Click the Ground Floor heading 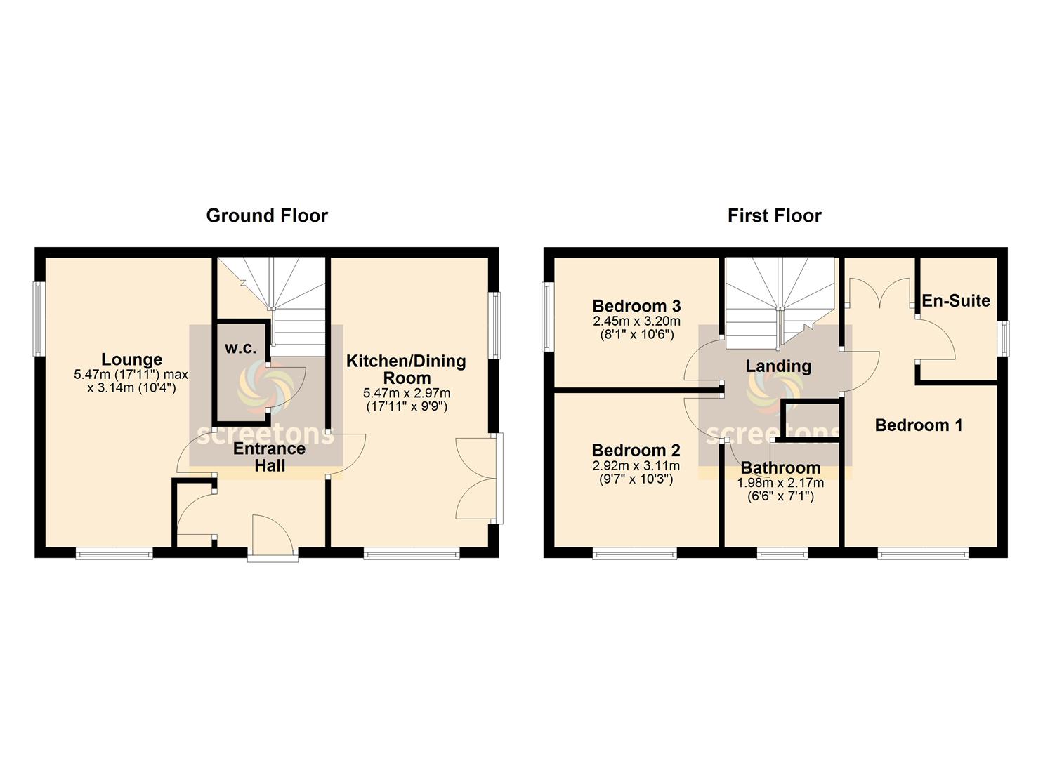[267, 216]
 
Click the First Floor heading [774, 216]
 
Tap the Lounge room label [132, 359]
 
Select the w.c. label [240, 348]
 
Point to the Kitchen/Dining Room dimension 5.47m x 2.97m [407, 393]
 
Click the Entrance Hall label [270, 457]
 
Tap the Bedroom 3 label [636, 306]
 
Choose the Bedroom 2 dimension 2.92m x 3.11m [636, 465]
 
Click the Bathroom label [780, 467]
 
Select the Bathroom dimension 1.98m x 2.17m [780, 483]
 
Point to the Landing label [778, 366]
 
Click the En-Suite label [956, 300]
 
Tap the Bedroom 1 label [919, 425]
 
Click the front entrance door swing [273, 533]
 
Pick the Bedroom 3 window [547, 317]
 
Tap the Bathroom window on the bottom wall [782, 553]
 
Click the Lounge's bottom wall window [114, 553]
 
